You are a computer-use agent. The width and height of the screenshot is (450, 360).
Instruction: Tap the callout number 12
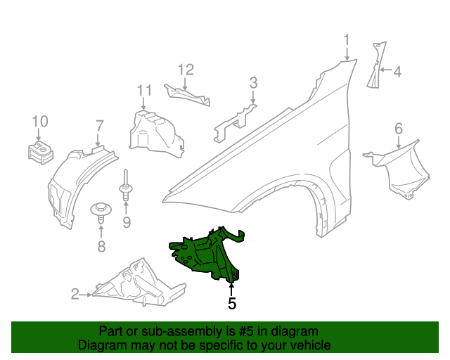[x=185, y=70]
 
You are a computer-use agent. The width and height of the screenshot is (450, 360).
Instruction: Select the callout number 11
[x=144, y=90]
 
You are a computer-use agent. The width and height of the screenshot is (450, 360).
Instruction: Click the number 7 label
[x=99, y=126]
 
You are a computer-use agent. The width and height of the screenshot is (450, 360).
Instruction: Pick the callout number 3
[x=253, y=84]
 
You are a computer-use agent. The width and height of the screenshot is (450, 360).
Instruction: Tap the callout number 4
[x=397, y=71]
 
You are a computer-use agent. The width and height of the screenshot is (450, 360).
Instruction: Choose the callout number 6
[x=399, y=128]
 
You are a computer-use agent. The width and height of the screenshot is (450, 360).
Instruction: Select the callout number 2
[x=75, y=295]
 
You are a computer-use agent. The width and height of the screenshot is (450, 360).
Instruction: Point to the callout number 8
[x=101, y=246]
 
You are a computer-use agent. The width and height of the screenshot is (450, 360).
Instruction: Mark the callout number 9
[x=127, y=223]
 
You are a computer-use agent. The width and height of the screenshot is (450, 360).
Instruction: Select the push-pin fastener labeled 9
[x=126, y=186]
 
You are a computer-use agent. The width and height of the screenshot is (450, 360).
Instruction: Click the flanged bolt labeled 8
[x=101, y=211]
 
